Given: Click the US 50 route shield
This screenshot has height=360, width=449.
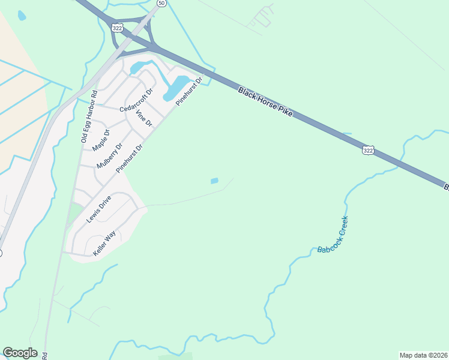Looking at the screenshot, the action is pos(161,3).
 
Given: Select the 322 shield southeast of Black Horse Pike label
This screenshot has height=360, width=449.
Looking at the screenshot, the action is pos(368,149).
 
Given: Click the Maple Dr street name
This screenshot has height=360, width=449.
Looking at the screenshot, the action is pos(101,140).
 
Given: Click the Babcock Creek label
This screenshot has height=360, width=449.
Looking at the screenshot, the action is pos(333,235).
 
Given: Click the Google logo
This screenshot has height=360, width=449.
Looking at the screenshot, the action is pos(20,353).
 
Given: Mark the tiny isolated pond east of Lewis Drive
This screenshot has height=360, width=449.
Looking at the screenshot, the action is pos(214,181).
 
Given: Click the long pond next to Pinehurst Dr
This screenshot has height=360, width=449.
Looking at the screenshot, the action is pos(176,88).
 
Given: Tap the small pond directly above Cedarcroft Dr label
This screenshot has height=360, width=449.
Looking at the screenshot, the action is pos(136,67).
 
